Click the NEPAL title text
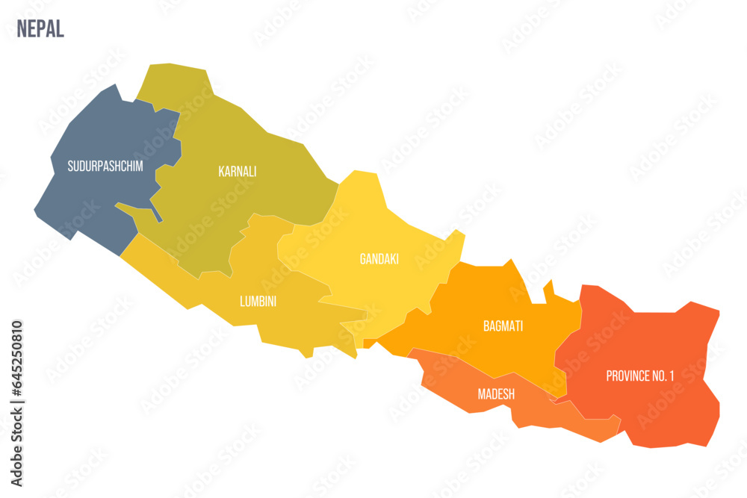(x=40, y=28)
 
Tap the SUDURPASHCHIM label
(x=105, y=166)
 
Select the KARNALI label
(x=237, y=171)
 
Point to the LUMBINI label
(x=258, y=302)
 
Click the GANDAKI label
(x=379, y=259)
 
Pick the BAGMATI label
(x=503, y=326)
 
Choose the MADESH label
(x=496, y=393)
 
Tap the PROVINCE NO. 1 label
(x=639, y=376)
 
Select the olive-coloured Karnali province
(x=247, y=134)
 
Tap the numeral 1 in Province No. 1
(x=671, y=376)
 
